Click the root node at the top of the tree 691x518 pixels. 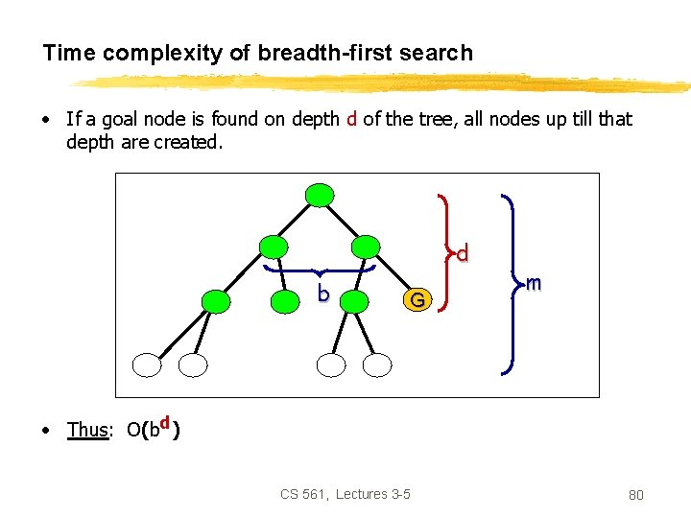(x=319, y=195)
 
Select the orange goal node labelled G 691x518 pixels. (x=416, y=300)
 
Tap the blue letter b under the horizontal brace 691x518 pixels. (x=324, y=294)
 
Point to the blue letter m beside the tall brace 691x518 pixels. (x=534, y=283)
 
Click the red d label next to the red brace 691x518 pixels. (x=463, y=254)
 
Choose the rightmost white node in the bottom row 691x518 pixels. (x=378, y=365)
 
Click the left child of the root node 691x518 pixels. (x=274, y=247)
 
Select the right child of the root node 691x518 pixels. (x=365, y=247)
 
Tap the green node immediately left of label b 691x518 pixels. (x=285, y=302)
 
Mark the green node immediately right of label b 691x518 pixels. (x=354, y=302)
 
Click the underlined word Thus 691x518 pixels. (x=86, y=430)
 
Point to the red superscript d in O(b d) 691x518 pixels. (x=166, y=423)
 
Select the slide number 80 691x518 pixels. (x=635, y=495)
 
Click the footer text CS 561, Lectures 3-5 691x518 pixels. (x=345, y=494)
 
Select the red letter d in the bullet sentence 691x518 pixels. (x=352, y=119)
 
